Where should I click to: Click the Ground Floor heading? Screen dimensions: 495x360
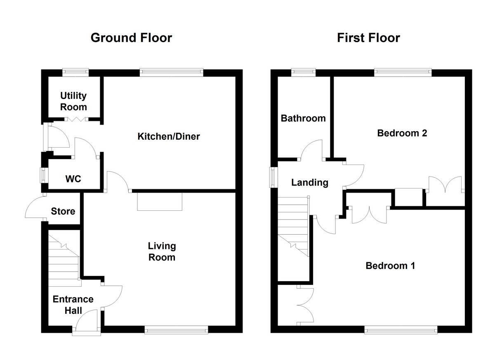point(131,38)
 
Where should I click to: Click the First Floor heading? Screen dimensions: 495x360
point(368,38)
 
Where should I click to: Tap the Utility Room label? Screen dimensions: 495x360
point(73,101)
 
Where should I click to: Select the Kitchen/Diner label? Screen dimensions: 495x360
point(168,136)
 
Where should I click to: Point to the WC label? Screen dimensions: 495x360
point(73,179)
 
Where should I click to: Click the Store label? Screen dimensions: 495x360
point(63,212)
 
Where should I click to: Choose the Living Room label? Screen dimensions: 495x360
point(162,252)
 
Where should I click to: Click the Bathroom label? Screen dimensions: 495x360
point(303,118)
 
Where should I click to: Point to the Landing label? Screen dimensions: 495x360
point(310,183)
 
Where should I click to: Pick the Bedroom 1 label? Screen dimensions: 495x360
point(390,266)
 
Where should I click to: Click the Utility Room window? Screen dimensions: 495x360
point(75,72)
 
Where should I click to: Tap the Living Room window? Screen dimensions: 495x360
point(177,329)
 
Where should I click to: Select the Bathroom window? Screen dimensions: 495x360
point(304,72)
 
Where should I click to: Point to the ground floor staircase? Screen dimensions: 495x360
point(64,260)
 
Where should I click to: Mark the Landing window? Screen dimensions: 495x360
point(273,178)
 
